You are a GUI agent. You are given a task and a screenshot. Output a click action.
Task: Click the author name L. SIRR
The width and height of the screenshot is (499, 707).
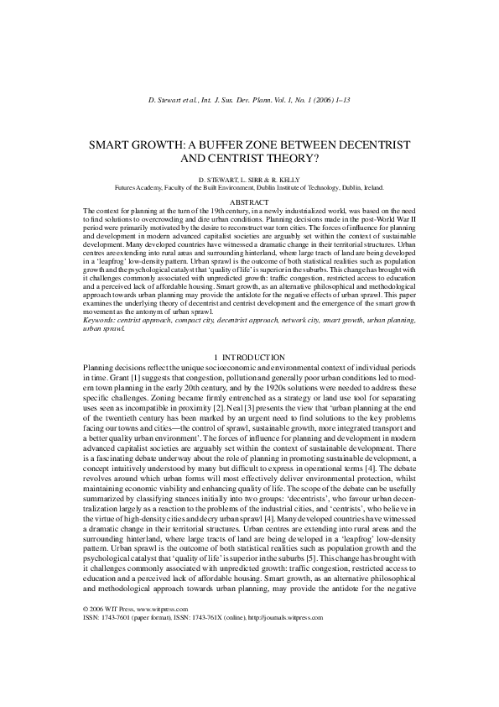(x=251, y=180)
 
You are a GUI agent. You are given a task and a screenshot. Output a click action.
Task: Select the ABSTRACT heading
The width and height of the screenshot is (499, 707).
(x=249, y=202)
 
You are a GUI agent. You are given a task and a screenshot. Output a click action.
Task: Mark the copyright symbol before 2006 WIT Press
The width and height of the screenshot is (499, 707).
(x=87, y=654)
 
